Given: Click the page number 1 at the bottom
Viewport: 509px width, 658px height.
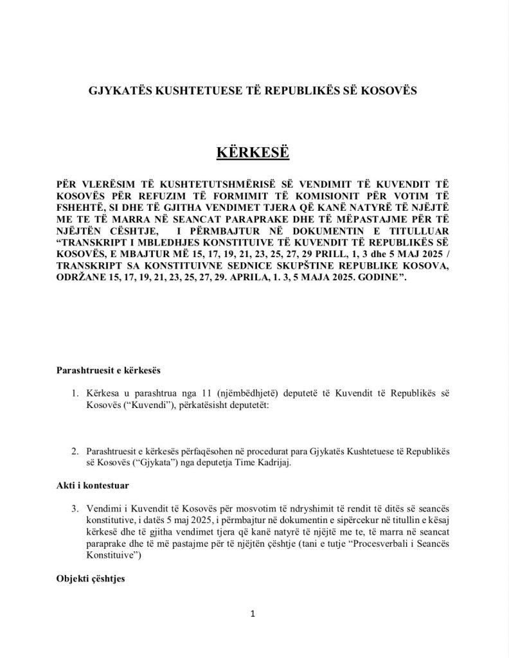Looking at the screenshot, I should [254, 614].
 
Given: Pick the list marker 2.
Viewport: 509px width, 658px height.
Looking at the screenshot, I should [75, 454].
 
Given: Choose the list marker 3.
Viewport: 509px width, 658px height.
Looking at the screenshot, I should [75, 508].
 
